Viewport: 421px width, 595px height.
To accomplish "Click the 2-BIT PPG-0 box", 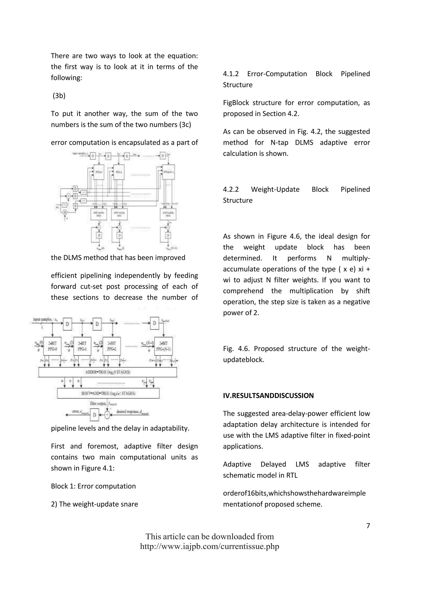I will point(52,346).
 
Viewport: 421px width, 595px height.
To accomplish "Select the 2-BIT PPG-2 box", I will point(111,346).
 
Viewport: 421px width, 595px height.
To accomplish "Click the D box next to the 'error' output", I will point(94,415).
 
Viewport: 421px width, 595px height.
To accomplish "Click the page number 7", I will point(368,526).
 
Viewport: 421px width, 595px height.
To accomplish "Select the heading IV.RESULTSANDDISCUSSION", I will point(268,396).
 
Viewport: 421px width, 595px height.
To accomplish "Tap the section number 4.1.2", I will point(230,74).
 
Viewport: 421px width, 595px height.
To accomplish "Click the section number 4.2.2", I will point(230,189).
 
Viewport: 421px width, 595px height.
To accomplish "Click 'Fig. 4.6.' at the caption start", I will point(236,348).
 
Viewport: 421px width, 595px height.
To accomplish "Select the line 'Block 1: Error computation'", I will point(93,486).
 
